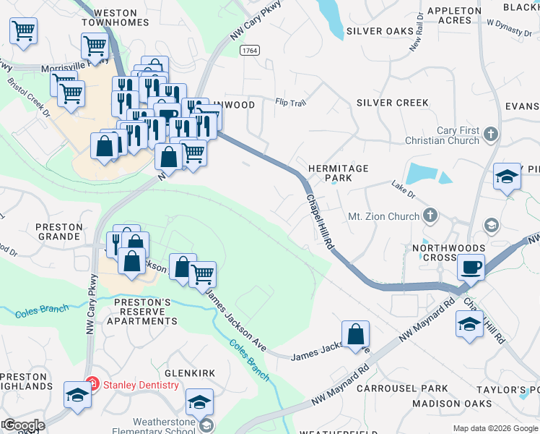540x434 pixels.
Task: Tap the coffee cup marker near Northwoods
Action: (471, 268)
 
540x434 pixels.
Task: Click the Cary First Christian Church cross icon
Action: (490, 133)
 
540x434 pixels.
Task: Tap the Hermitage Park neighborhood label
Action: (339, 173)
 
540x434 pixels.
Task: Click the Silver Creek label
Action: (393, 103)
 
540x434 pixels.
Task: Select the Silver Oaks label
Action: (380, 31)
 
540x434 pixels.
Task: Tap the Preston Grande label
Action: (58, 231)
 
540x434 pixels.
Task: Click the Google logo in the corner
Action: (23, 425)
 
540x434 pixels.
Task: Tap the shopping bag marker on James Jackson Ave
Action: (355, 335)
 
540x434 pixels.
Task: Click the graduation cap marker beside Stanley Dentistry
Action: (77, 395)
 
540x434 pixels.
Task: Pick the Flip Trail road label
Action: (290, 103)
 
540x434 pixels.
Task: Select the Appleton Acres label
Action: (454, 15)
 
